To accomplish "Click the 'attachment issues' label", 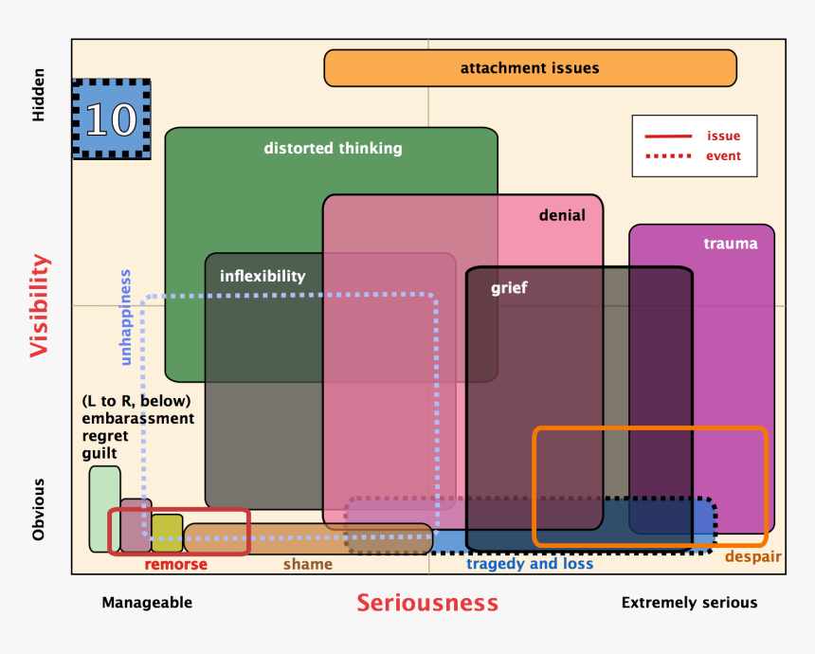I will (530, 68).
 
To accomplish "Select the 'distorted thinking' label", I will (333, 148).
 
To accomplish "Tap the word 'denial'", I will (562, 215).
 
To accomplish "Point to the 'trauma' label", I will (731, 244).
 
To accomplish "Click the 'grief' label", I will (509, 288).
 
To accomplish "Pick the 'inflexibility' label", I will (263, 276).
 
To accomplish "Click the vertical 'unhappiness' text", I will (125, 318).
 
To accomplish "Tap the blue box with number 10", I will (112, 118).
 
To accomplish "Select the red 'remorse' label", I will (175, 565).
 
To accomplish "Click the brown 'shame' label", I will (308, 565).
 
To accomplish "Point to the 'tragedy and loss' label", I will (530, 564).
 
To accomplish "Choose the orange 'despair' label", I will (753, 556).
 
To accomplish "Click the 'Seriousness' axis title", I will (427, 603).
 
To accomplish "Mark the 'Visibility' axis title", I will (39, 305).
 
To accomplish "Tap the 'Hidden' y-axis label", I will (39, 94).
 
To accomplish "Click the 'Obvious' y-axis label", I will (39, 510).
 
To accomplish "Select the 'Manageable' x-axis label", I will (147, 603).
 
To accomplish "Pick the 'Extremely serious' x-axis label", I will (689, 603).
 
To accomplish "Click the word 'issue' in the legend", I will (724, 136).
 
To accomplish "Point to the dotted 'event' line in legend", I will (668, 156).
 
